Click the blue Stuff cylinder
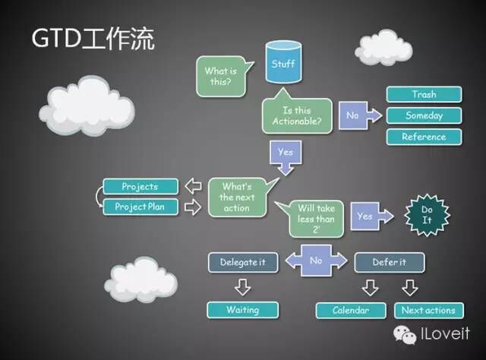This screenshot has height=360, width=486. tap(283, 62)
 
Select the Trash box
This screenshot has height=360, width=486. tap(424, 94)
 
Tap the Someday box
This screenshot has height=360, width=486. tap(424, 115)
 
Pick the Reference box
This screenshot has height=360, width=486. tap(424, 137)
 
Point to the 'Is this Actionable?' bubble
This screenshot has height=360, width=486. tap(297, 115)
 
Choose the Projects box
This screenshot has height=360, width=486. tap(140, 186)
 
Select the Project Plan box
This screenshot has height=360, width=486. tap(140, 207)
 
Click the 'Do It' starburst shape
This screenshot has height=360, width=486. tap(427, 215)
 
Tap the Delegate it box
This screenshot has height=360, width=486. tap(243, 262)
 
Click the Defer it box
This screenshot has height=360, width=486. tap(390, 262)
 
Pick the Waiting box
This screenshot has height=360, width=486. tap(243, 310)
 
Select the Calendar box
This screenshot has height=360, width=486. tap(351, 311)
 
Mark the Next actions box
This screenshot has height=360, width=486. tap(428, 311)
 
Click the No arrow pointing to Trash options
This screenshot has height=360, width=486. tap(360, 115)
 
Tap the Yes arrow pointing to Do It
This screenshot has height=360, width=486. tap(372, 216)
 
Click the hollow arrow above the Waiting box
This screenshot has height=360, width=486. tap(243, 287)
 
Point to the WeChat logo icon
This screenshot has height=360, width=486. tap(405, 335)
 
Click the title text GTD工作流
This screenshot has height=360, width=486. tap(93, 39)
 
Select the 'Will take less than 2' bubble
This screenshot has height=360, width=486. tap(311, 218)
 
